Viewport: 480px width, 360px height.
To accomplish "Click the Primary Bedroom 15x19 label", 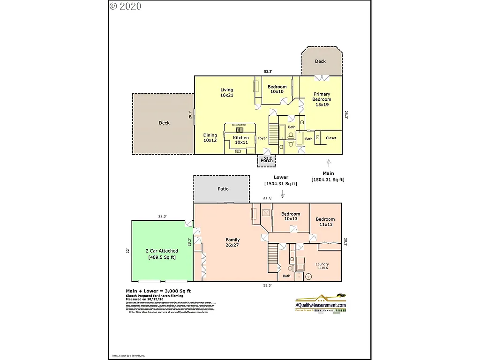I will (322, 99).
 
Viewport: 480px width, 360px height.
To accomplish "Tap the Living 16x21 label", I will (227, 92).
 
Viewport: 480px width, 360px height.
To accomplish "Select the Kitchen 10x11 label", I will (241, 140).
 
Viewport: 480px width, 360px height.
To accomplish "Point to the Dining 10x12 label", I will (210, 138).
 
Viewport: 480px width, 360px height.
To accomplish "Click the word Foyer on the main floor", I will (262, 138).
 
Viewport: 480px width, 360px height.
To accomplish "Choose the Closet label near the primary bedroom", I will (331, 138).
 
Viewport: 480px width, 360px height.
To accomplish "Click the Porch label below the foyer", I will (267, 160).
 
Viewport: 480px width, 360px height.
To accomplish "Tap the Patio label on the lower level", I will (223, 189).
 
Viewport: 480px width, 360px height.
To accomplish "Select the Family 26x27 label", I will (232, 243).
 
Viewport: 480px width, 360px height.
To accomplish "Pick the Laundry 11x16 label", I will (322, 266).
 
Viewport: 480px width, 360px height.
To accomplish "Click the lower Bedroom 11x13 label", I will (325, 222).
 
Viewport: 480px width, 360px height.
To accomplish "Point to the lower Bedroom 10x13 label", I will (291, 217).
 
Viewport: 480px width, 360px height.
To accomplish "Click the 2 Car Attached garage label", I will (162, 254).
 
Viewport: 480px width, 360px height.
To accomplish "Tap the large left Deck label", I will (164, 123).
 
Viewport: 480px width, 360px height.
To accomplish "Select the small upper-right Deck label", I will (320, 61).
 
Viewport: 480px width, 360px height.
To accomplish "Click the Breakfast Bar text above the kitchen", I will (239, 125).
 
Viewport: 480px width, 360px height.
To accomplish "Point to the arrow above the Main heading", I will (329, 163).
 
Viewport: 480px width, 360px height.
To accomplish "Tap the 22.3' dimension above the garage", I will (162, 216).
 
